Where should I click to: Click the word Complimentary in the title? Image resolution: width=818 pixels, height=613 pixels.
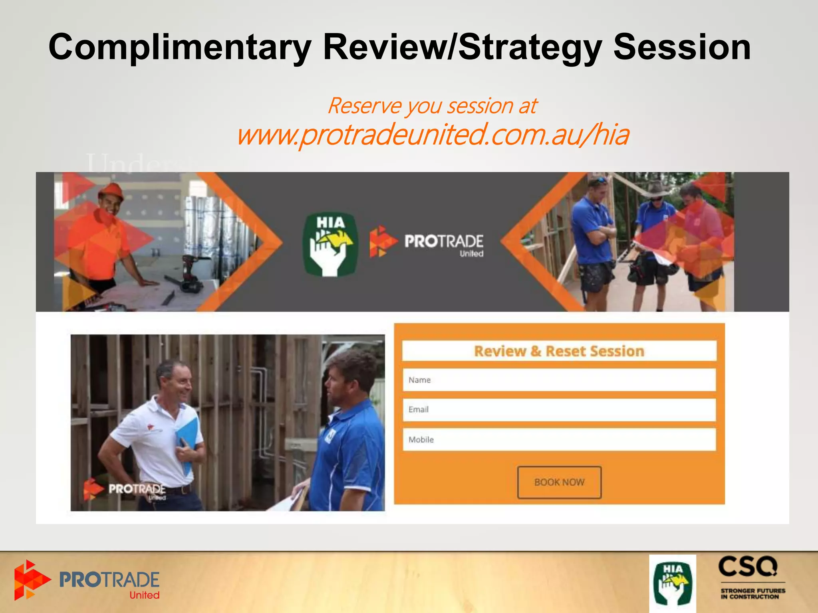[x=180, y=48]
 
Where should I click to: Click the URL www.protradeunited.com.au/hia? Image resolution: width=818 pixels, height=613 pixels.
[x=433, y=135]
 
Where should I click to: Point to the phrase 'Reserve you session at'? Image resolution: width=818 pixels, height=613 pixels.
[x=432, y=106]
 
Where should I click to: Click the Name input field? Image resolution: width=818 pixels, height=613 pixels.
[x=559, y=380]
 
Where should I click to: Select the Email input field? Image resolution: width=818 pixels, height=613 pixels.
[x=559, y=409]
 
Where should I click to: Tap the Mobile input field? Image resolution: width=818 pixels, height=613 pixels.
[x=559, y=439]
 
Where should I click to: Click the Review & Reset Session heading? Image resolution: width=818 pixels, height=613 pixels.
[x=559, y=351]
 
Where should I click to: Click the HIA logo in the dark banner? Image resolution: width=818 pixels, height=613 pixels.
[x=330, y=244]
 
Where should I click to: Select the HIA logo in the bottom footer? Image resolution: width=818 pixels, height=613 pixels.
[x=672, y=584]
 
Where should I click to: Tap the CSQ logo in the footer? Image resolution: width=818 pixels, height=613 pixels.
[x=752, y=578]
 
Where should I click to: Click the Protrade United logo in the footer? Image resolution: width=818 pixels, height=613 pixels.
[x=87, y=581]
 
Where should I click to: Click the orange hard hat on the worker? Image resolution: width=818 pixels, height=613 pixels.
[x=111, y=191]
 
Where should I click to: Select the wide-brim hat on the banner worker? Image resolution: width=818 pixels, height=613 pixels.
[x=655, y=189]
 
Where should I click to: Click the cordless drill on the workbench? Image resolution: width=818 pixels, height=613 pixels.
[x=192, y=275]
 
